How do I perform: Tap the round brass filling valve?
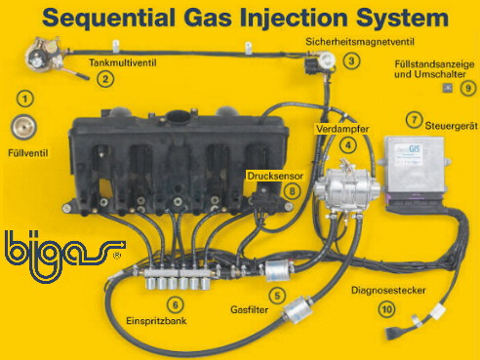pyautogui.click(x=23, y=127)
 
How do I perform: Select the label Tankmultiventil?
pyautogui.click(x=123, y=62)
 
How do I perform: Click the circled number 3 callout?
pyautogui.click(x=351, y=61)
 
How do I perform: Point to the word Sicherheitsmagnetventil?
pyautogui.click(x=360, y=42)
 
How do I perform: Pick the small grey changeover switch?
pyautogui.click(x=448, y=88)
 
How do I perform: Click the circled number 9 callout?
pyautogui.click(x=468, y=88)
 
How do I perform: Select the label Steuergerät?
pyautogui.click(x=452, y=126)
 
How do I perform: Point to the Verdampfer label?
pyautogui.click(x=342, y=129)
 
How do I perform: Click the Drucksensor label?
pyautogui.click(x=275, y=176)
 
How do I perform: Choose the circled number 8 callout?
pyautogui.click(x=293, y=191)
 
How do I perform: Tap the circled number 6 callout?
pyautogui.click(x=176, y=305)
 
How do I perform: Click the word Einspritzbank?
pyautogui.click(x=156, y=321)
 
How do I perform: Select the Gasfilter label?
pyautogui.click(x=250, y=309)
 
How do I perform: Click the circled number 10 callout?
pyautogui.click(x=387, y=309)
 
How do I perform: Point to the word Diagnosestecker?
pyautogui.click(x=388, y=290)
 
